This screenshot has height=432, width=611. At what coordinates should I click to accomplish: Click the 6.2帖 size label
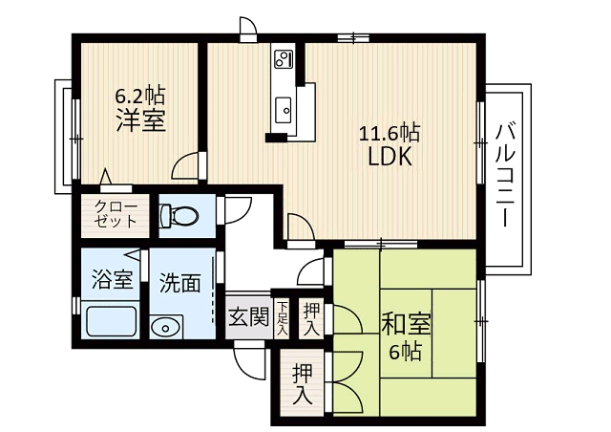(140, 96)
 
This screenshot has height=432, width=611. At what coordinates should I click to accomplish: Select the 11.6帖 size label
(389, 132)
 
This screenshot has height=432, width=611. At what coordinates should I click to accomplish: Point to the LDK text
(390, 157)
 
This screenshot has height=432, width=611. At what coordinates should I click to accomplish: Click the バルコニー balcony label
(505, 175)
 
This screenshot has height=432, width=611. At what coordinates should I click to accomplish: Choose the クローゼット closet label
(116, 214)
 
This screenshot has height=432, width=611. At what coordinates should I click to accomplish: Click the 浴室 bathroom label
(113, 279)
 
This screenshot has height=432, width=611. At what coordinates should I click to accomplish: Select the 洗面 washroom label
(180, 283)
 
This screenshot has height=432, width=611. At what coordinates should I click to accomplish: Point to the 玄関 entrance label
(248, 316)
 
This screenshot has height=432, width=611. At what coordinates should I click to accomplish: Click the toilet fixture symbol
(179, 215)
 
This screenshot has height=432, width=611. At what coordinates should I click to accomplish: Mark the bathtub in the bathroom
(112, 321)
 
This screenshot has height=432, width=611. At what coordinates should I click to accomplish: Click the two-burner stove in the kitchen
(284, 59)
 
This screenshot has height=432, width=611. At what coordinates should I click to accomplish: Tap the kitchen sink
(284, 110)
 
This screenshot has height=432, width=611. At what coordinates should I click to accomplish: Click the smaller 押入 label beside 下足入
(312, 319)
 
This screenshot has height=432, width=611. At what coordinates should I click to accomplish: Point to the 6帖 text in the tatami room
(405, 352)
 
